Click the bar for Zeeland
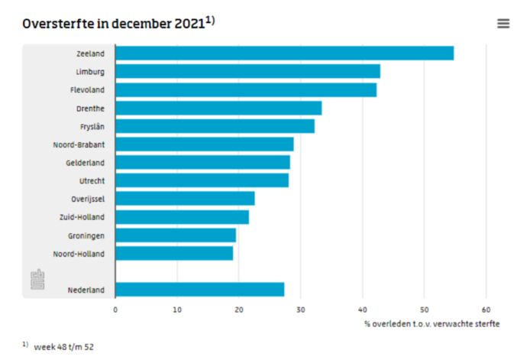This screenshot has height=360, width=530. point(284,54)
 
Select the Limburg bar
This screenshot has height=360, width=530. point(247,72)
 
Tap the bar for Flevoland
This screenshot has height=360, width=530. point(245,90)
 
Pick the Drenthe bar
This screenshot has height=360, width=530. point(218,108)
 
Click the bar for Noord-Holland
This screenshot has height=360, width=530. point(174,253)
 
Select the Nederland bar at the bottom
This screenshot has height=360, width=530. point(199,290)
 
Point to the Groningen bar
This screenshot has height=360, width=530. point(176,235)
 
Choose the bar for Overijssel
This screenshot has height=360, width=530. point(185,199)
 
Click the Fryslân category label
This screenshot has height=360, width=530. point(92,126)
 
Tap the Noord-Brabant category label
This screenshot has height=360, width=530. point(79,144)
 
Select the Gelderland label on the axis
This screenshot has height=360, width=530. point(85,163)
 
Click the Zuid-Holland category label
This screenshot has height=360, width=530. point(82,217)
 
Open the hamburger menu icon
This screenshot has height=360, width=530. point(503,24)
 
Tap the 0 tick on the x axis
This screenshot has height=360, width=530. point(115,310)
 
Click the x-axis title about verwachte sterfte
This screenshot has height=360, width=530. point(431,324)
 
